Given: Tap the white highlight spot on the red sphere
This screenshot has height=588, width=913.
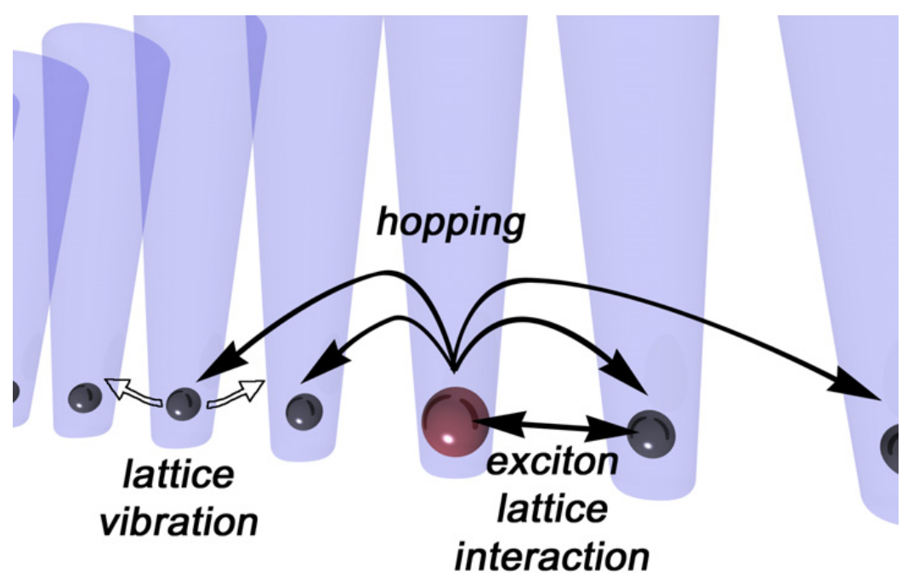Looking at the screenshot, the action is tap(448, 438).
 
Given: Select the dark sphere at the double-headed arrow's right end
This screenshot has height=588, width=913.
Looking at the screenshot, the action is tap(651, 433).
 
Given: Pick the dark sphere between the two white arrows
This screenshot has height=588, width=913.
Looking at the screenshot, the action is tap(184, 404).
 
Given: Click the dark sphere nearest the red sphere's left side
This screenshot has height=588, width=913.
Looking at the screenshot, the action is tap(304, 411).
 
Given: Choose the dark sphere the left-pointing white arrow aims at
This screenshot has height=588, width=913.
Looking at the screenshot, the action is tap(85, 399).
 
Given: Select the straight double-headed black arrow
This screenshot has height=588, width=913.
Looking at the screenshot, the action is tap(553, 423).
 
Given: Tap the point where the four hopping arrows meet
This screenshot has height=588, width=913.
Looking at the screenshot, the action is tap(455, 370).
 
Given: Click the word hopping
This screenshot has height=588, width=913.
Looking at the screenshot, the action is tap(451, 223).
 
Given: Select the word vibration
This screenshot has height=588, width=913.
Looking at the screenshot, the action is tap(179, 522).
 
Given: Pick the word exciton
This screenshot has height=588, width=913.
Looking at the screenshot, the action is tap(552, 461).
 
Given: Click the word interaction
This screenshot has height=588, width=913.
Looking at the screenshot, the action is tap(552, 557).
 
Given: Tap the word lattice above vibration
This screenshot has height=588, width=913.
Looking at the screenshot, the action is tap(179, 474).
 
